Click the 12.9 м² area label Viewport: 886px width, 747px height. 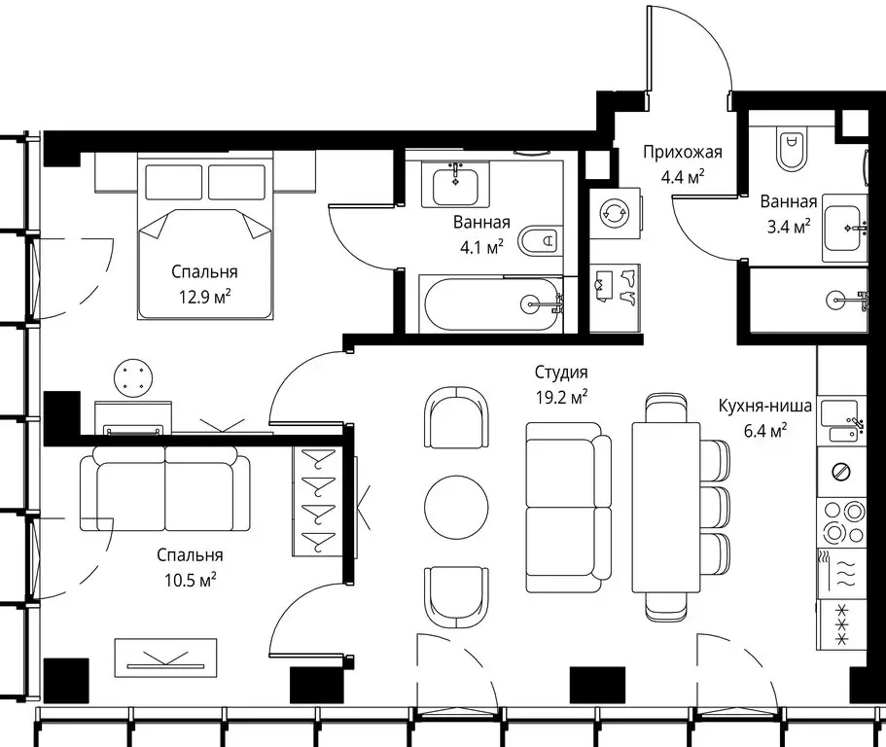204,296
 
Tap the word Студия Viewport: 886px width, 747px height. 561,373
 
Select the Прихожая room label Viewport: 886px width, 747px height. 683,152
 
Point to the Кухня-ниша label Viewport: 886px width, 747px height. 765,406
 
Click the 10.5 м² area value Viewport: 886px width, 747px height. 191,580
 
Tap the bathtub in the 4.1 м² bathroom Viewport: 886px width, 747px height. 491,304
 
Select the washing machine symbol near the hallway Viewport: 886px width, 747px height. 616,214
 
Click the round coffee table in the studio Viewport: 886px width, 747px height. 456,507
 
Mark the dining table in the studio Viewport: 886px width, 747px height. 666,507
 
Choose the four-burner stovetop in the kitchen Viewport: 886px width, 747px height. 842,522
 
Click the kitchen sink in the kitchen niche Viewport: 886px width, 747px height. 842,421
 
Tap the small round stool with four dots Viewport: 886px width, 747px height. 133,376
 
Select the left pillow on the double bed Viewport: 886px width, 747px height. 174,181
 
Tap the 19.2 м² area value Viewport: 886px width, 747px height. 562,397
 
